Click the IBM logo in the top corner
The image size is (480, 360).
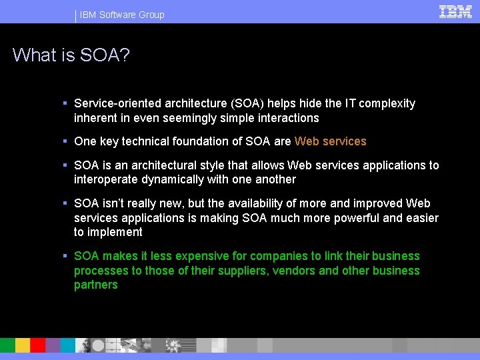tap(455, 11)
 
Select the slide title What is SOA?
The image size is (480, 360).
tap(71, 55)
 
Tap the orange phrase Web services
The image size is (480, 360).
tap(330, 141)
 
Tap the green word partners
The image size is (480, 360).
tap(95, 285)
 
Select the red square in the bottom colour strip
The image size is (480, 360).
tap(38, 345)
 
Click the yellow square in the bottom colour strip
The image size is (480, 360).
tap(23, 345)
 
